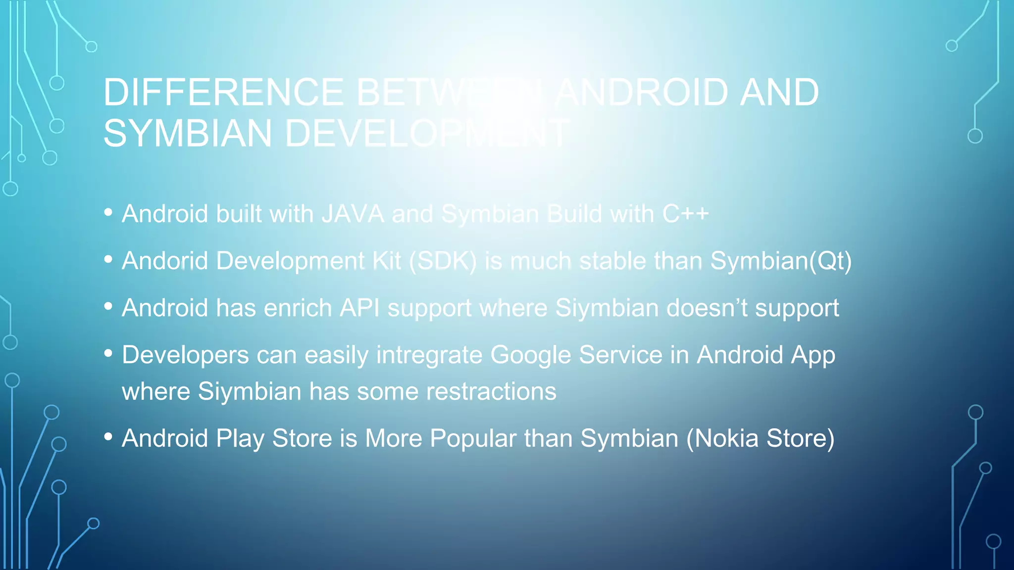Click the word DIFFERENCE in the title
223,93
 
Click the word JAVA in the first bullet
353,214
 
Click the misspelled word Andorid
165,261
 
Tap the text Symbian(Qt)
781,261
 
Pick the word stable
612,261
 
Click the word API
359,308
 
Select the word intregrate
429,355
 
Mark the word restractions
491,391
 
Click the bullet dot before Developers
108,353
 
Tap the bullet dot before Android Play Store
108,437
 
